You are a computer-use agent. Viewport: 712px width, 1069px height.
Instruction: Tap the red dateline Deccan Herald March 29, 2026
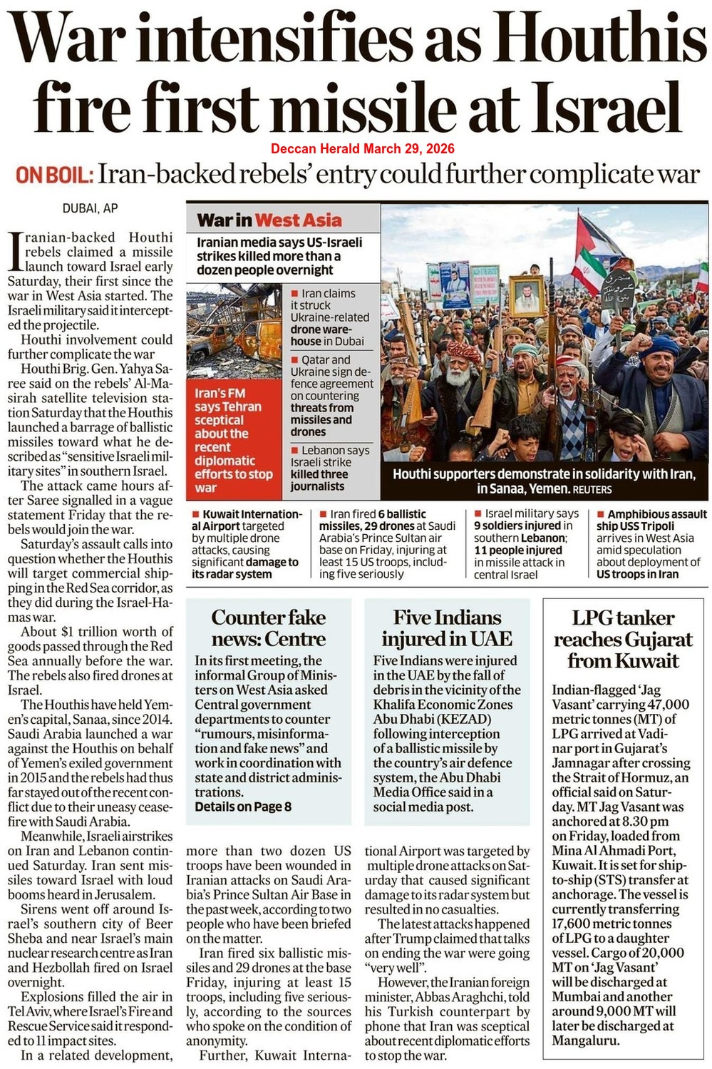click(x=362, y=149)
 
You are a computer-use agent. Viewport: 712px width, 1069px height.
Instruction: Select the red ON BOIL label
click(x=54, y=175)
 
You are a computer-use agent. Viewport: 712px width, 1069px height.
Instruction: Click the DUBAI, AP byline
click(x=91, y=208)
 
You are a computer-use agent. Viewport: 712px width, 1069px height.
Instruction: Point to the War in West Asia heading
click(x=269, y=220)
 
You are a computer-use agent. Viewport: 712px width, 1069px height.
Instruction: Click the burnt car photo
click(x=236, y=334)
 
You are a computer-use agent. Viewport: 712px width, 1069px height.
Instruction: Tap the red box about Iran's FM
click(x=234, y=440)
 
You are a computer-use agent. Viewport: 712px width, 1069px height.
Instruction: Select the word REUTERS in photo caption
click(x=592, y=489)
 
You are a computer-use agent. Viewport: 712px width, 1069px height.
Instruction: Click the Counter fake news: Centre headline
click(x=268, y=628)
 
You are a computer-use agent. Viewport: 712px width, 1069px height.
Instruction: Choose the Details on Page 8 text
click(x=243, y=807)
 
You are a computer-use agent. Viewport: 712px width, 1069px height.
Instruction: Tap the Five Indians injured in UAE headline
click(x=447, y=628)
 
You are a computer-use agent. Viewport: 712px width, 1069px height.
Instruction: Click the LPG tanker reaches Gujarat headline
click(x=623, y=639)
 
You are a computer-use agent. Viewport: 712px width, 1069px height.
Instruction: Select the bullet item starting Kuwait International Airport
click(x=247, y=543)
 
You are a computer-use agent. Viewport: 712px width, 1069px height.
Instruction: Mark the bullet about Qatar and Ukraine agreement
click(x=331, y=396)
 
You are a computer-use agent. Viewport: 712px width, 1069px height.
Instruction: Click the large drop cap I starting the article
click(x=15, y=254)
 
